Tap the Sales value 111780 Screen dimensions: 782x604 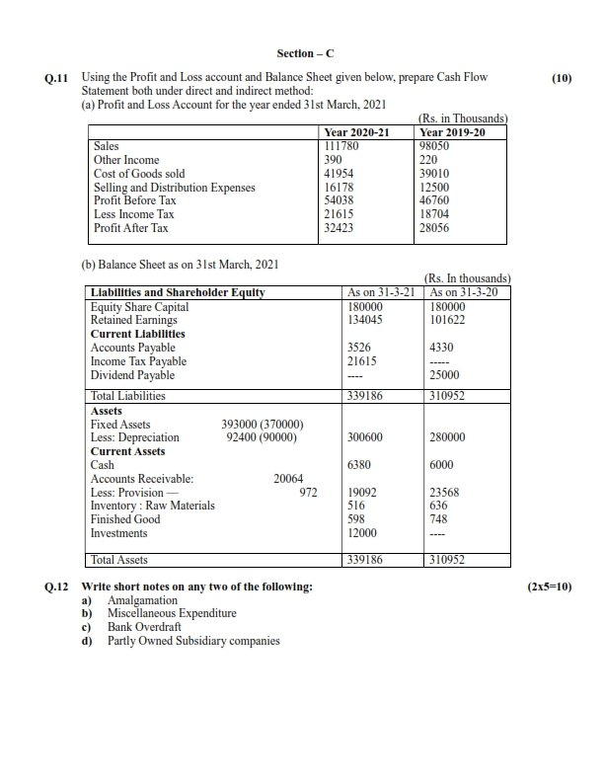341,146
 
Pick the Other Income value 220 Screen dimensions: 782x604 428,160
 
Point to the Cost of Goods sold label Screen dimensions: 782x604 138,174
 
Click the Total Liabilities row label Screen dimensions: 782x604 127,396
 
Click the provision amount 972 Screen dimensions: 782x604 307,492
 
